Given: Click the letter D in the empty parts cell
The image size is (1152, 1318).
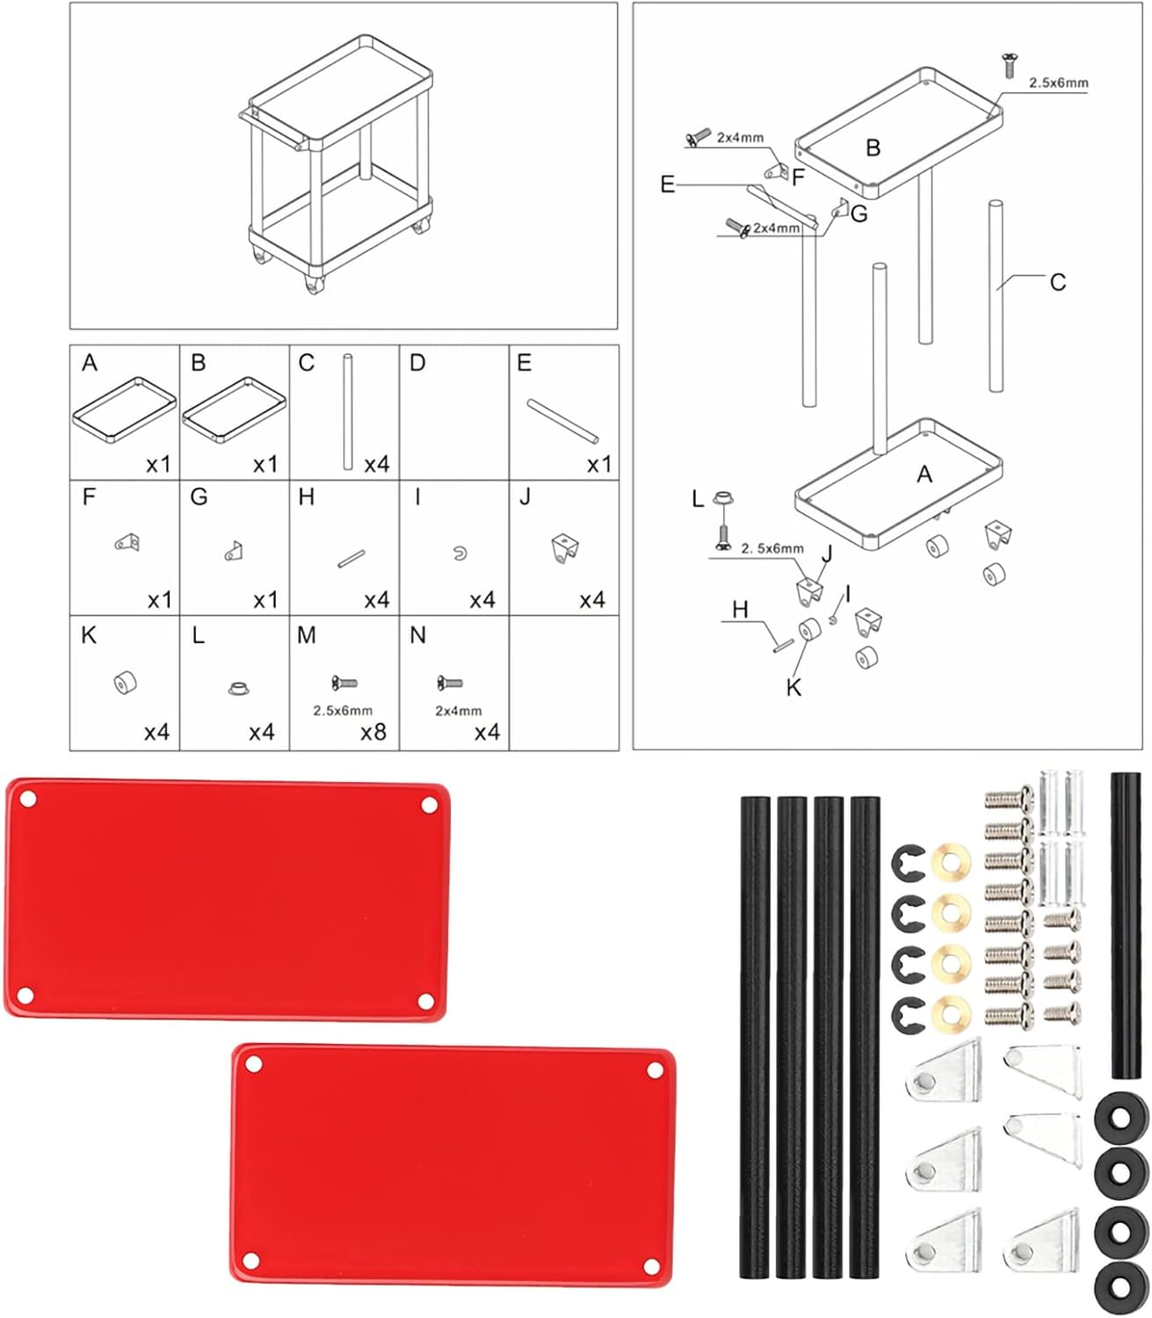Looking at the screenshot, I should click(x=417, y=363).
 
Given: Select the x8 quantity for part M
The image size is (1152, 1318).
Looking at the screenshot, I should click(x=373, y=732).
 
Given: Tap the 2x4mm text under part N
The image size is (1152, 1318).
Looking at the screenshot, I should click(x=458, y=711).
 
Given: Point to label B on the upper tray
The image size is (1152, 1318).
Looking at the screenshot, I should click(x=873, y=148).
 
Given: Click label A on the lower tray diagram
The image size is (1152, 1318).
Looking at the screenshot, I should click(x=924, y=474).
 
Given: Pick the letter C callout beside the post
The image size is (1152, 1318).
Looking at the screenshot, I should click(x=1057, y=282).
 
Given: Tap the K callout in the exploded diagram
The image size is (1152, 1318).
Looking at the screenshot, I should click(x=793, y=687).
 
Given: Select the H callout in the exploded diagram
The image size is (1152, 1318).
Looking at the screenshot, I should click(x=740, y=610).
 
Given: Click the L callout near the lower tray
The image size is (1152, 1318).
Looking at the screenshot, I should click(x=698, y=499).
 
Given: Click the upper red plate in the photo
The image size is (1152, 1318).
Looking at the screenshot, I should click(x=227, y=899).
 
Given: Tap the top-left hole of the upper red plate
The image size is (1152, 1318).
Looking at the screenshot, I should click(x=27, y=800).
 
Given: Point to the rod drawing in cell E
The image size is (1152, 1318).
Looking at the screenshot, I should click(x=562, y=421).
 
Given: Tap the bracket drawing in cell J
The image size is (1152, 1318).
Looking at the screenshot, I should click(x=564, y=548).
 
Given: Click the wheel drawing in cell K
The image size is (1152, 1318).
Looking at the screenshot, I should click(x=126, y=682).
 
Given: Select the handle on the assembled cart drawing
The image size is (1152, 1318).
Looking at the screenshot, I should click(x=274, y=130).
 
